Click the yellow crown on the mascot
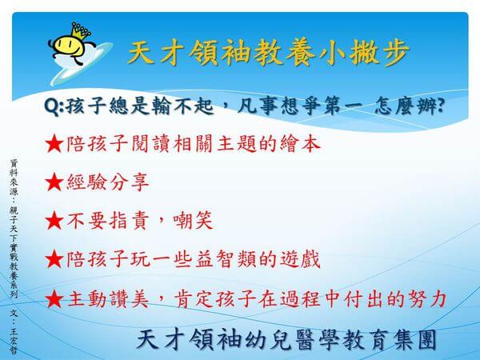(x=80, y=31)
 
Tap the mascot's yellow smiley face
(x=69, y=46)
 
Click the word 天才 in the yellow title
(x=155, y=53)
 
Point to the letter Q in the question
(x=52, y=106)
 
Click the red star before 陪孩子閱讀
(x=54, y=144)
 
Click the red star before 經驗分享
(x=54, y=182)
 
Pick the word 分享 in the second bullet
(x=129, y=182)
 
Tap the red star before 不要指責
(x=54, y=221)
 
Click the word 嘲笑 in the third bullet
(x=193, y=221)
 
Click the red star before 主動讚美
(x=54, y=298)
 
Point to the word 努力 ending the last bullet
(x=426, y=298)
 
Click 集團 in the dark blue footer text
(x=415, y=340)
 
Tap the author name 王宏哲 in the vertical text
(x=14, y=341)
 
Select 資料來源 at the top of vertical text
(x=14, y=177)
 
